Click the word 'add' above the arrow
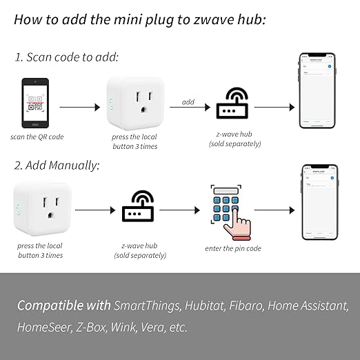click(x=188, y=101)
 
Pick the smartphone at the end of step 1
click(x=318, y=91)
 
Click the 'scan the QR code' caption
click(x=37, y=137)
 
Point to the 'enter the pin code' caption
click(x=233, y=248)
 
